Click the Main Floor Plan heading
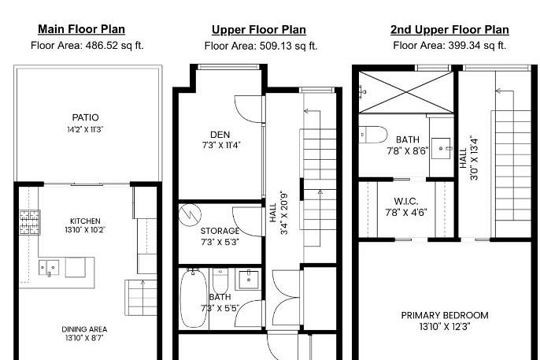tap(81, 30)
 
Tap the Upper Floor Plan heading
tap(258, 30)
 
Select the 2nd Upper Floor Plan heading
tap(449, 30)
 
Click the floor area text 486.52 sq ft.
tap(87, 46)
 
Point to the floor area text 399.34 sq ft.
tap(449, 46)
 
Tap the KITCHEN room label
tap(85, 221)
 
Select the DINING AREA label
tap(85, 329)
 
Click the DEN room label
tap(220, 134)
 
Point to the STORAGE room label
tap(220, 232)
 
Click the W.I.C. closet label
tap(405, 202)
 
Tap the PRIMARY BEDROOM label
tap(445, 315)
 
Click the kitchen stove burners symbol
tap(30, 221)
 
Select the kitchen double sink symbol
tap(48, 268)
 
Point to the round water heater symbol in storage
tap(190, 213)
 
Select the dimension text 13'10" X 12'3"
tap(445, 326)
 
